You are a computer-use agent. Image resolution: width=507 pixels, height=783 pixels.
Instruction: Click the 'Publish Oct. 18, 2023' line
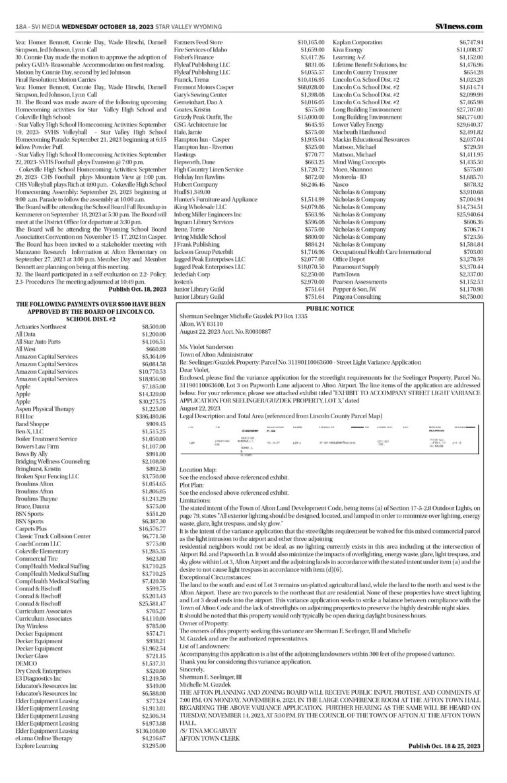point(139,288)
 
